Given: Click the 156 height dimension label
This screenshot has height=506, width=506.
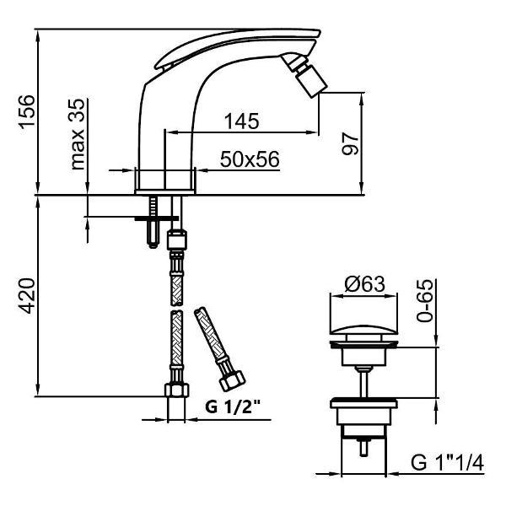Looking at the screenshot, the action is tap(27, 111).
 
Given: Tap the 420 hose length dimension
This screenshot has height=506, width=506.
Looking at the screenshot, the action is tap(27, 296).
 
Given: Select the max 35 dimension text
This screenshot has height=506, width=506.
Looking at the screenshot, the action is tap(78, 134).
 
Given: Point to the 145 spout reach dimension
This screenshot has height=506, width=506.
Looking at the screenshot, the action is tap(242, 121).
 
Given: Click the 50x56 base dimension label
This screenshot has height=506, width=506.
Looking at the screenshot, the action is tap(250, 159).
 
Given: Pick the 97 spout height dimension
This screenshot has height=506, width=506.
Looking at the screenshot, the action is tap(350, 144).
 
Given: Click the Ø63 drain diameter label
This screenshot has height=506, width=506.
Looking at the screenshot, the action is tap(364, 284).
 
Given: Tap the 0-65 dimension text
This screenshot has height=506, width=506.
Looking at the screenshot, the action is tap(424, 301).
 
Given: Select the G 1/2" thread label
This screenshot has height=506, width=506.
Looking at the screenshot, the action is tap(233, 407).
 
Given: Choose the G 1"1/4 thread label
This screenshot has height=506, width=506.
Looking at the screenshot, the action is tap(448, 463).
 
